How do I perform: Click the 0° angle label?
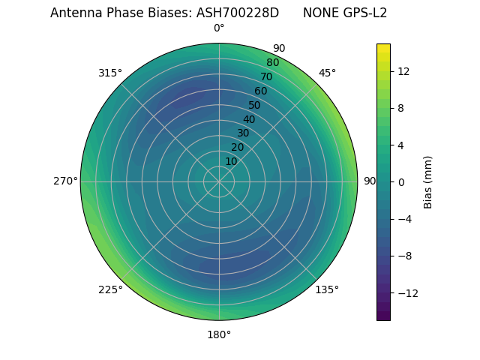pyautogui.click(x=219, y=28)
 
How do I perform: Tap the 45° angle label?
pyautogui.click(x=327, y=73)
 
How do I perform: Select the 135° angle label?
pyautogui.click(x=327, y=289)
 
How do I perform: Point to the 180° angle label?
pyautogui.click(x=219, y=334)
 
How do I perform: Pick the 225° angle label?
pyautogui.click(x=110, y=289)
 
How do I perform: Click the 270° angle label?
pyautogui.click(x=65, y=181)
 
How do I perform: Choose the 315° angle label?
pyautogui.click(x=110, y=73)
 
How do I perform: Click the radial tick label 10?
pyautogui.click(x=231, y=161)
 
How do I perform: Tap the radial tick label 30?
pyautogui.click(x=243, y=133)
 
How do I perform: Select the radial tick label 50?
pyautogui.click(x=255, y=106)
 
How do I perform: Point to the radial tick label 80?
pyautogui.click(x=272, y=63)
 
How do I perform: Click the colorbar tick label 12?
pyautogui.click(x=403, y=71)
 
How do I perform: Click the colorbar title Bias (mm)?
pyautogui.click(x=428, y=181)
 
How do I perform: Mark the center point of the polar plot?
pyautogui.click(x=219, y=181)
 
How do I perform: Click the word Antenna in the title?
pyautogui.click(x=73, y=13)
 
